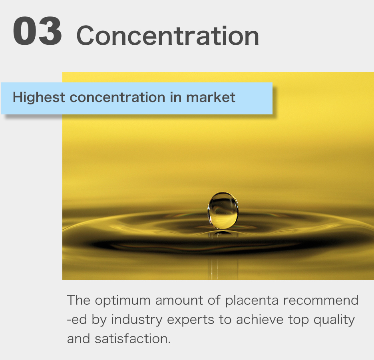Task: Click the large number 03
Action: [x=38, y=32]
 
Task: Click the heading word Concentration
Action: [x=167, y=36]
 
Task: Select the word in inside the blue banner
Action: [x=175, y=97]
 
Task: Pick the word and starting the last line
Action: [x=78, y=339]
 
